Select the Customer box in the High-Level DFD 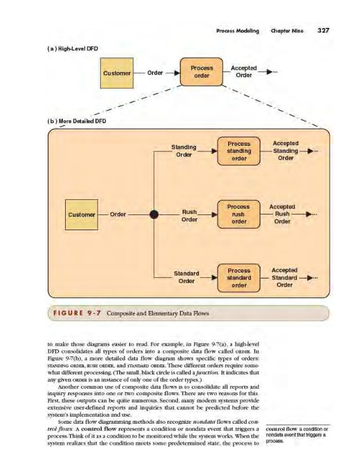coord(117,73)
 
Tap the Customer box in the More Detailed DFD coord(81,214)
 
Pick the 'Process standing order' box coord(239,151)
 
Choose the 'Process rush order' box coord(238,214)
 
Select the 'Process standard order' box coord(238,278)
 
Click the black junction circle coord(154,214)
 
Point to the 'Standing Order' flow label coord(183,151)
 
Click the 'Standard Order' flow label coord(187,277)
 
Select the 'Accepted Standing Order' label coord(285,151)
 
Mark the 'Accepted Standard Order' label coord(284,277)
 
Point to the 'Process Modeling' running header coord(237,31)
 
